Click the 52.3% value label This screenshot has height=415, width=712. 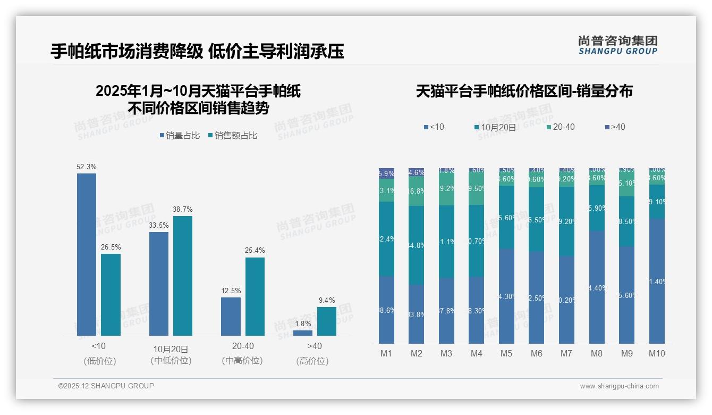[87, 167]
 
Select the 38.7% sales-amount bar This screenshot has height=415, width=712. [183, 276]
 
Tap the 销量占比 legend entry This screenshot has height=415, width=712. [180, 136]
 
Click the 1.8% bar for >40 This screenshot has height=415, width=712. [303, 333]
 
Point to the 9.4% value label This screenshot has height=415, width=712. [327, 301]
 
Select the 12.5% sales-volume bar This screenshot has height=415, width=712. [231, 317]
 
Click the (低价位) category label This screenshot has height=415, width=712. [99, 361]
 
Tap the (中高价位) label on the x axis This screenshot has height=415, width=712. [242, 361]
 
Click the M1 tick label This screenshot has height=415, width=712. [386, 353]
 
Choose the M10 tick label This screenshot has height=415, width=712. [657, 353]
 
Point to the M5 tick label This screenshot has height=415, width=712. [506, 353]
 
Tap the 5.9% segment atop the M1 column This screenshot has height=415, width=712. [386, 173]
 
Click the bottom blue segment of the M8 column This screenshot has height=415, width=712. [597, 287]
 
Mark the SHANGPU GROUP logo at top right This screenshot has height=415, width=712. [617, 45]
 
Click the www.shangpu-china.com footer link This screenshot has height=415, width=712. [619, 386]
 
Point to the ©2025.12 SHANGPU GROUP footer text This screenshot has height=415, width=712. [106, 386]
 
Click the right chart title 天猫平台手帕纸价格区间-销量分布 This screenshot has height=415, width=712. [524, 92]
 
